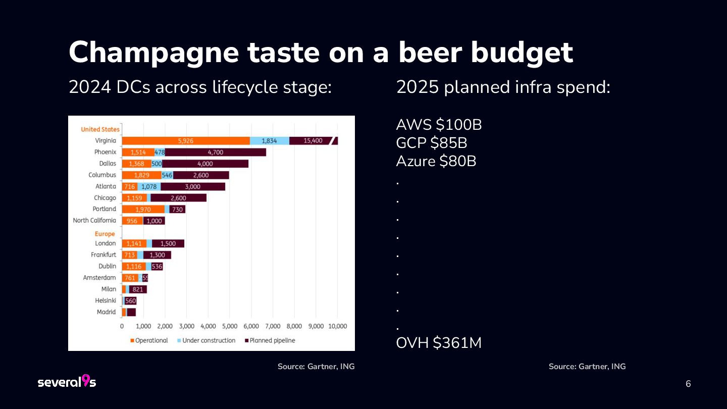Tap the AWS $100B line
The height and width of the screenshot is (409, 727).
tap(439, 125)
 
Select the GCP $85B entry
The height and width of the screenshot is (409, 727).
tap(431, 143)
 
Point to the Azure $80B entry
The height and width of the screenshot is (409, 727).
tap(436, 161)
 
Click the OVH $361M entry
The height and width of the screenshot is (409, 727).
tap(438, 343)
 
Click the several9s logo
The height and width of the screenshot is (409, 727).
tap(67, 382)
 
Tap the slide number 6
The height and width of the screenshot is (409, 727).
tap(688, 384)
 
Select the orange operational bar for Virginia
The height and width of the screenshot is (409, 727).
tap(186, 141)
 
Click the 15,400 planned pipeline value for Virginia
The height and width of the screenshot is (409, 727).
tap(313, 141)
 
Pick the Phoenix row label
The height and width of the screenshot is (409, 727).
tap(105, 152)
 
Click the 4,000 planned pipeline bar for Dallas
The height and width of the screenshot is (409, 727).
tap(205, 164)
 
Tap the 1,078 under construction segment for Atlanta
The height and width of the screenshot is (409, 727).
tap(149, 186)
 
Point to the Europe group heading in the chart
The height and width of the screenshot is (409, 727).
tap(105, 234)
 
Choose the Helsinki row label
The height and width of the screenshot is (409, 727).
tap(106, 300)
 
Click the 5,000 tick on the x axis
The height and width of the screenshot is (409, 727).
tap(230, 326)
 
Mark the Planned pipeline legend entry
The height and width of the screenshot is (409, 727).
tap(270, 340)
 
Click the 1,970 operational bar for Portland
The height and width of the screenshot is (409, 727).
tap(143, 209)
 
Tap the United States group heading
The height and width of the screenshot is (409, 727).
tap(100, 129)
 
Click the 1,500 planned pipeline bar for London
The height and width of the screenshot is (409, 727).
tap(168, 243)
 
